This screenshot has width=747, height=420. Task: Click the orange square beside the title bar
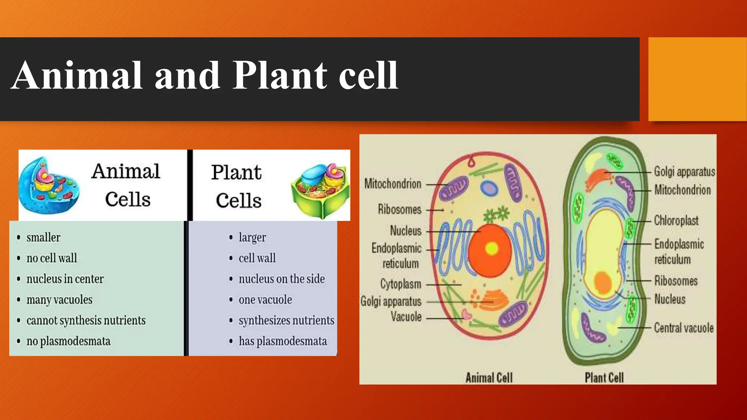[697, 79]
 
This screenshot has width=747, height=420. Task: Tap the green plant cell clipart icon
[320, 190]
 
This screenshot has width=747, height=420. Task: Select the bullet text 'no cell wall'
[51, 258]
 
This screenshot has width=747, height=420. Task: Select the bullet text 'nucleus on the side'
[282, 279]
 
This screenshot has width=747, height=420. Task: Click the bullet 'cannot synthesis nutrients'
[86, 320]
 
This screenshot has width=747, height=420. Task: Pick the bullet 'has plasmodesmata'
[283, 341]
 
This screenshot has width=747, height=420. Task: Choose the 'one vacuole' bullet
[265, 300]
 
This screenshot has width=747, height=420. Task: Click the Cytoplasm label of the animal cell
[400, 284]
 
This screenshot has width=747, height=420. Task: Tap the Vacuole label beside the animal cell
[406, 316]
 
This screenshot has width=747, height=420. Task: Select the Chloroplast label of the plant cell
[676, 221]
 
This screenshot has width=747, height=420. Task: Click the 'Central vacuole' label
[684, 328]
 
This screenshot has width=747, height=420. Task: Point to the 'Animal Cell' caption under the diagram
[489, 378]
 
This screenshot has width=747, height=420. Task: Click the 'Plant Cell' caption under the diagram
[604, 378]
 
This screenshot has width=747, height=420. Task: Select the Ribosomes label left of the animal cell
[399, 210]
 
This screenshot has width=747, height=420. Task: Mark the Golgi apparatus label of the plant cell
[684, 172]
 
